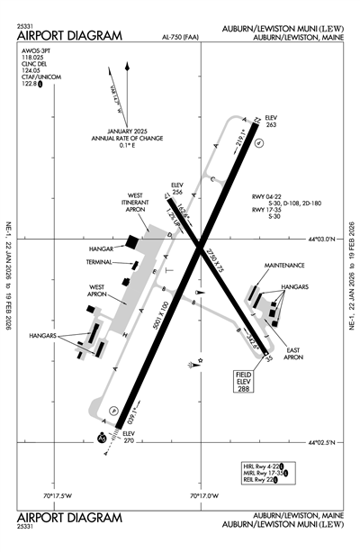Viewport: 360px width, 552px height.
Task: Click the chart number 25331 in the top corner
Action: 25,26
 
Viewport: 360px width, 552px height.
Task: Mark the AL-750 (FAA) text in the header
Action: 181,38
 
